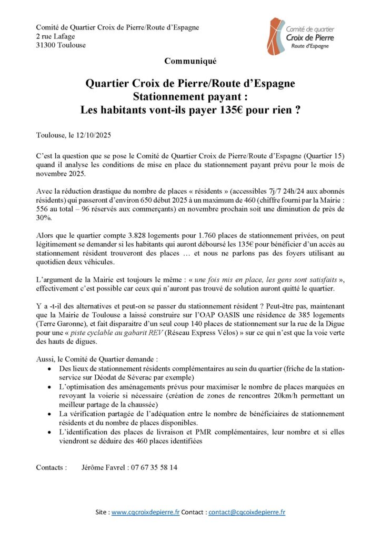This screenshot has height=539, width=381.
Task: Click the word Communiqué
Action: click(x=190, y=61)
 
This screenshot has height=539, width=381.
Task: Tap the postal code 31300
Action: click(x=47, y=45)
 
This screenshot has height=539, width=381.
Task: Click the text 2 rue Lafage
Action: click(x=55, y=36)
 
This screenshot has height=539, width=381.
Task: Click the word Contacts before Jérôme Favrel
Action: click(x=51, y=467)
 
